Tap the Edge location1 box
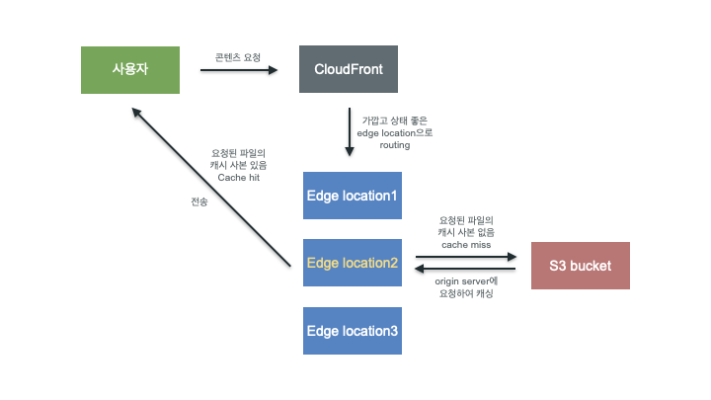point(353,196)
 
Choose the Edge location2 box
point(353,263)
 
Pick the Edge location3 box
point(353,330)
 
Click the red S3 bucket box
point(580,265)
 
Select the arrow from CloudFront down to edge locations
point(350,131)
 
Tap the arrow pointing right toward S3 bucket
point(466,256)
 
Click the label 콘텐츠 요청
point(238,57)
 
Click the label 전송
point(199,201)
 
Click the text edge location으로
point(397,132)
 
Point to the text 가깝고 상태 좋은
point(396,120)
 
